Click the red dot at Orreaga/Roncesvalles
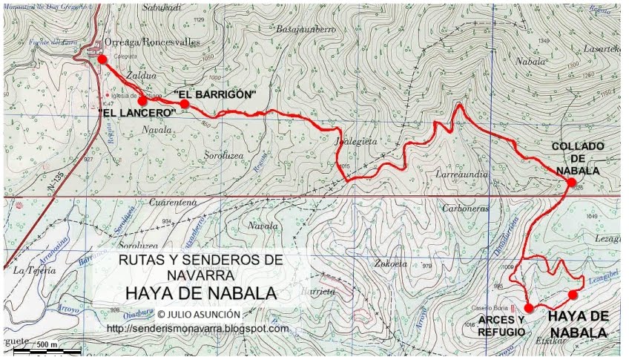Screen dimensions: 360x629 [102, 59]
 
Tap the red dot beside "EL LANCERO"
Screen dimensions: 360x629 [142, 101]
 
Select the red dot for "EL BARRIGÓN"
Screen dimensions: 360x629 [185, 104]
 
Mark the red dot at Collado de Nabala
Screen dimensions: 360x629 [572, 182]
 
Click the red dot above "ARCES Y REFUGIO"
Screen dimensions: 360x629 [529, 307]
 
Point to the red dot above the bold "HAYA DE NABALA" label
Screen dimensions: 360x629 [573, 295]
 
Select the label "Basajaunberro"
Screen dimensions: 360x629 [306, 29]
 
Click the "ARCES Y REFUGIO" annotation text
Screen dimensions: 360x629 [501, 326]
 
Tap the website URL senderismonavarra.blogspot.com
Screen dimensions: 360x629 [198, 328]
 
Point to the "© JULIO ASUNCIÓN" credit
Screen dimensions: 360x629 [199, 314]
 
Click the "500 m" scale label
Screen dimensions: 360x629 [48, 344]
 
